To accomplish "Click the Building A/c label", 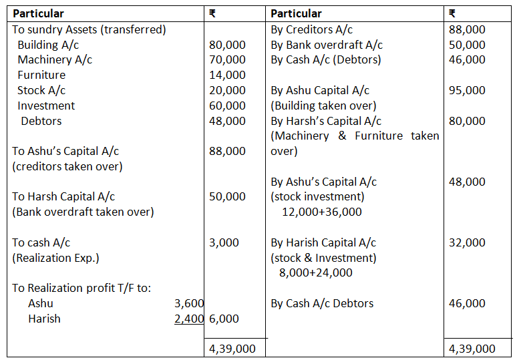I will (x=47, y=45).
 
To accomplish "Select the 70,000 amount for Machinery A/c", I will (x=227, y=60).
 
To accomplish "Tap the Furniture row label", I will (x=41, y=75).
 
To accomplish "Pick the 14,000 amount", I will (x=227, y=75).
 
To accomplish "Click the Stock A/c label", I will (x=41, y=90).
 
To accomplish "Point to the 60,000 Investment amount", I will (x=227, y=106).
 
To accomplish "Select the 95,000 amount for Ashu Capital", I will (x=467, y=90).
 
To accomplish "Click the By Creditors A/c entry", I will (x=311, y=29).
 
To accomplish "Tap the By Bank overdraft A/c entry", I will (x=327, y=45).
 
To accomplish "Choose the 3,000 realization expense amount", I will (x=224, y=242).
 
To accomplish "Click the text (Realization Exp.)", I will (x=56, y=258).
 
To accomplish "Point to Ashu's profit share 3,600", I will (x=188, y=303).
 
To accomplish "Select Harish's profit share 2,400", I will (x=188, y=319).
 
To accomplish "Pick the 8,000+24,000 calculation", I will (x=316, y=273).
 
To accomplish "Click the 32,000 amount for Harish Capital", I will (x=467, y=242).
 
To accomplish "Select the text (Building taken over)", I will (x=323, y=106).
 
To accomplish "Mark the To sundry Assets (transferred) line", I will (x=89, y=29).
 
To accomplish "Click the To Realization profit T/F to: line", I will (x=81, y=288).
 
